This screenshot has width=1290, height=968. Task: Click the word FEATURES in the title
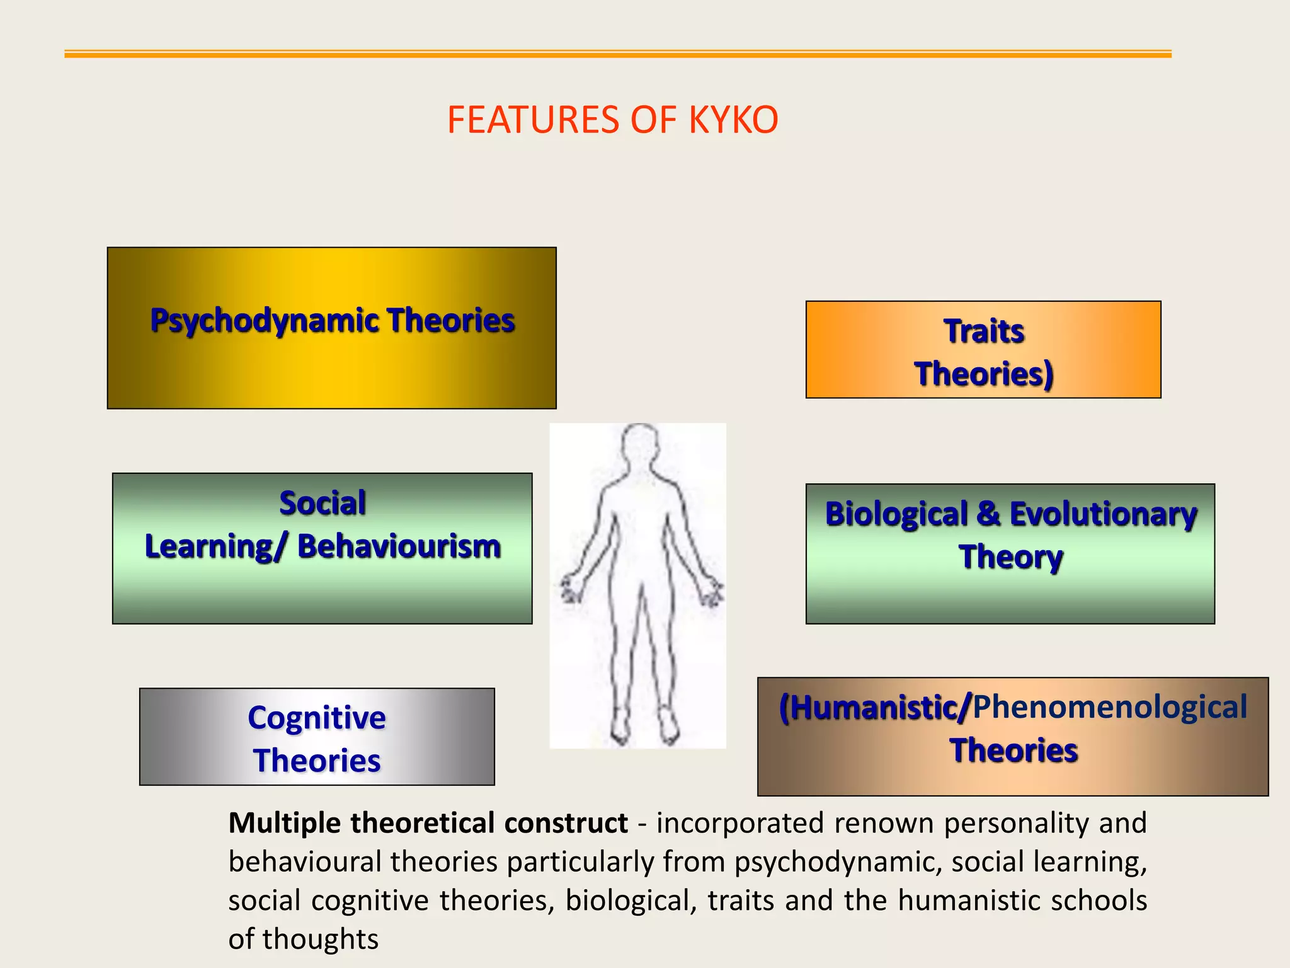[x=533, y=119]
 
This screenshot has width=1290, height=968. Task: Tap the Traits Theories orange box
[x=983, y=350]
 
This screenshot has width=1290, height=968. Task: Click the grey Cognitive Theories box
[x=317, y=737]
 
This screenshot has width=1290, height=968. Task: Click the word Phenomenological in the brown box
[x=1110, y=706]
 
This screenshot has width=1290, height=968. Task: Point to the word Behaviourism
[x=399, y=546]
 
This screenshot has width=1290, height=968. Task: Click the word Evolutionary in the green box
[x=1102, y=514]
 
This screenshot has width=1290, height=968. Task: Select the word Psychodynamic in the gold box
[x=263, y=320]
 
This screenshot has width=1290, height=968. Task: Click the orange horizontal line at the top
[x=617, y=55]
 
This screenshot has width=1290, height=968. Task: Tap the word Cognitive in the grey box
[x=317, y=718]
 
